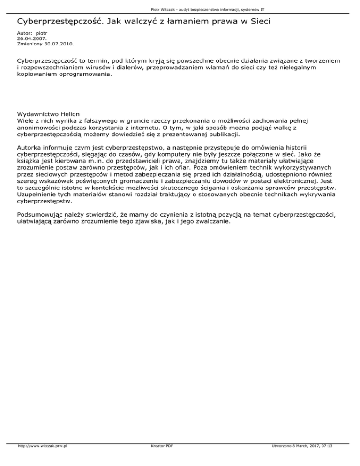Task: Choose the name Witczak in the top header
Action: pos(165,9)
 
